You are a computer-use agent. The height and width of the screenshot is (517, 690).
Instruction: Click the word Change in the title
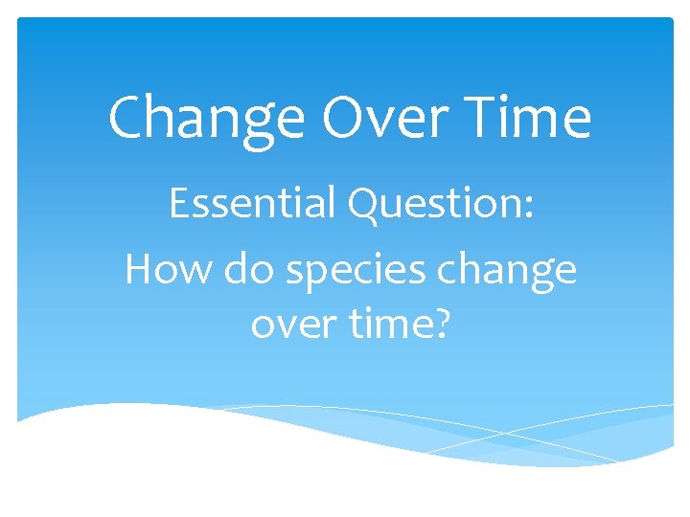click(x=207, y=119)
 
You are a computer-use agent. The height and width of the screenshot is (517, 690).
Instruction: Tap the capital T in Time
click(x=471, y=119)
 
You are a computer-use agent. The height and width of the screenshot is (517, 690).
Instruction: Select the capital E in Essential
click(x=179, y=205)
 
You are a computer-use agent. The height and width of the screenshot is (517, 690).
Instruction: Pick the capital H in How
click(x=141, y=270)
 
